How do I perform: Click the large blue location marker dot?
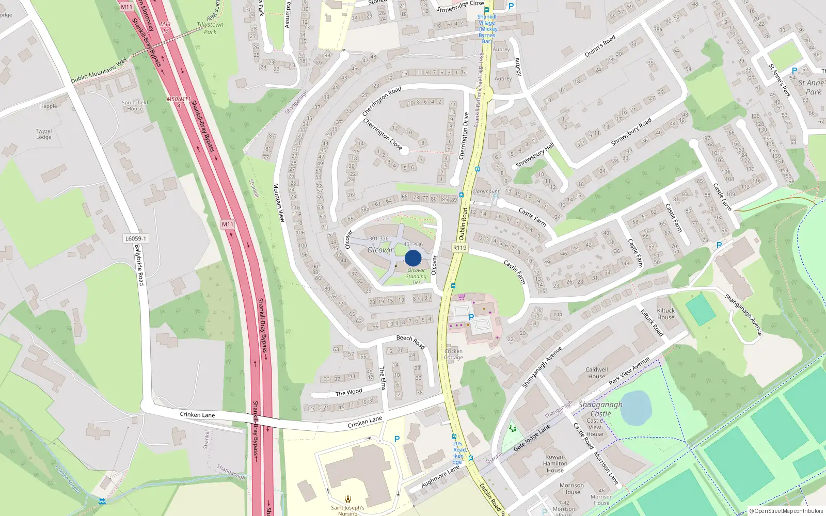(x=413, y=258)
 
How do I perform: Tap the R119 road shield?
(x=459, y=248)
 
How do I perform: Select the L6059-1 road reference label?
(x=136, y=238)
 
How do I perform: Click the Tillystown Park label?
(x=210, y=28)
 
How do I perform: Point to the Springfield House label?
(x=135, y=105)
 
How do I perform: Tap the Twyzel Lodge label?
(x=44, y=134)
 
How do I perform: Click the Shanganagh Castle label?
(x=600, y=409)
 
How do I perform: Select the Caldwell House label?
(x=596, y=373)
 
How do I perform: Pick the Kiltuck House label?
(x=665, y=314)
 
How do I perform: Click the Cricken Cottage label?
(x=453, y=354)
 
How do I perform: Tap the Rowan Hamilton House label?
(x=555, y=463)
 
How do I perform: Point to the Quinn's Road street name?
(x=600, y=45)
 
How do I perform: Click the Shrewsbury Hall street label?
(x=535, y=155)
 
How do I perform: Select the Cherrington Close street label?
(x=383, y=134)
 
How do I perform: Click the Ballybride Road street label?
(x=139, y=265)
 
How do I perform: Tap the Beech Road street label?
(x=410, y=341)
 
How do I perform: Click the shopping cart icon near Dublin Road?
(x=462, y=297)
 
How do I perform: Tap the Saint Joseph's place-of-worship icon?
(x=348, y=499)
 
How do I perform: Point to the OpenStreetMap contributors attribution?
(x=786, y=511)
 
